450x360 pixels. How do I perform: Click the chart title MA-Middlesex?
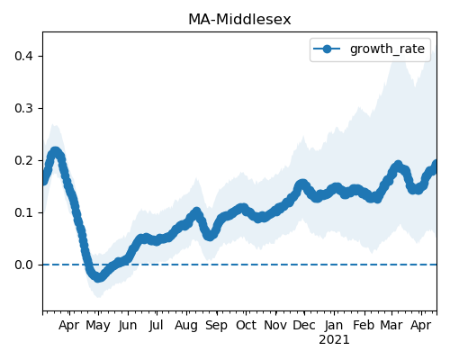239,20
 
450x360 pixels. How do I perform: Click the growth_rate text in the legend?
387,49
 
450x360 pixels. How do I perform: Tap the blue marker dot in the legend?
327,49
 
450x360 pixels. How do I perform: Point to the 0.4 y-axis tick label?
23,56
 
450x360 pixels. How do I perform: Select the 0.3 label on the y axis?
23,108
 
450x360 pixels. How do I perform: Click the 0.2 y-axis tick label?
23,160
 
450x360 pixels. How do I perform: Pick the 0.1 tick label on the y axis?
23,212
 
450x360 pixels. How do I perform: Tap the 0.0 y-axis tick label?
23,265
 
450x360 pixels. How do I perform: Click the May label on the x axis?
98,326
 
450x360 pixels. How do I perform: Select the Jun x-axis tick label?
128,326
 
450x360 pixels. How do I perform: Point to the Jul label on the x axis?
156,326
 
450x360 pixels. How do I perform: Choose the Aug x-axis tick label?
186,326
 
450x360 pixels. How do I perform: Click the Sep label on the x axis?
216,326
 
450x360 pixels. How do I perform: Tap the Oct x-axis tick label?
246,325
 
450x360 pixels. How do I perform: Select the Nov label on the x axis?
275,325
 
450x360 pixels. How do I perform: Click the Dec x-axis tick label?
304,325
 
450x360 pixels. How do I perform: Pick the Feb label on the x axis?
364,325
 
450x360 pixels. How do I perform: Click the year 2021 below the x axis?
334,340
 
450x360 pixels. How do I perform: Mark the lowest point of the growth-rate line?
98,277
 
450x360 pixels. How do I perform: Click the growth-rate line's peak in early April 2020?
55,152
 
